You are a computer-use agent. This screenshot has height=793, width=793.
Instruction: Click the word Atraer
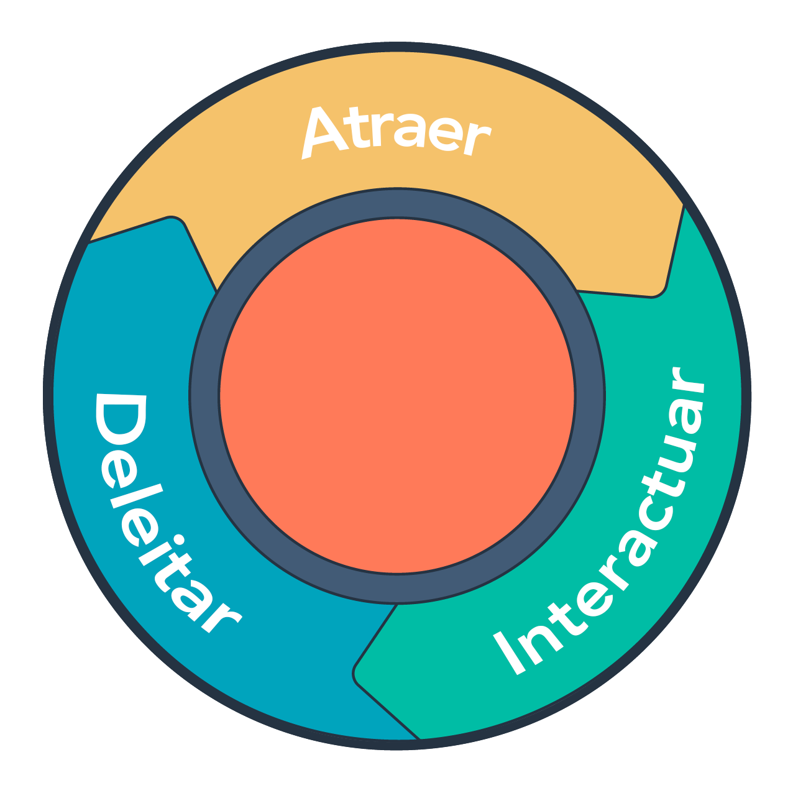pyautogui.click(x=396, y=133)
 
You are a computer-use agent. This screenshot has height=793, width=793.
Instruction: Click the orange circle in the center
pyautogui.click(x=396, y=396)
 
